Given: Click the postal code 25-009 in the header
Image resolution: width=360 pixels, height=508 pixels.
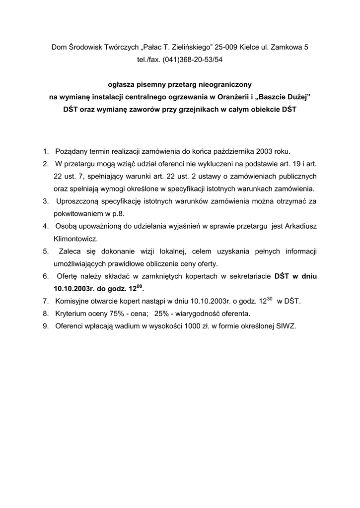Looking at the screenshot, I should (x=227, y=47).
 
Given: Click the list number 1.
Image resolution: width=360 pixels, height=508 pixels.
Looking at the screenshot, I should (x=45, y=151).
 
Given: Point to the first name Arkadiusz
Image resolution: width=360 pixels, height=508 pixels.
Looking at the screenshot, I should (x=300, y=226).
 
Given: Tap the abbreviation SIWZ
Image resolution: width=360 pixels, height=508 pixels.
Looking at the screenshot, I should (x=285, y=326).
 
